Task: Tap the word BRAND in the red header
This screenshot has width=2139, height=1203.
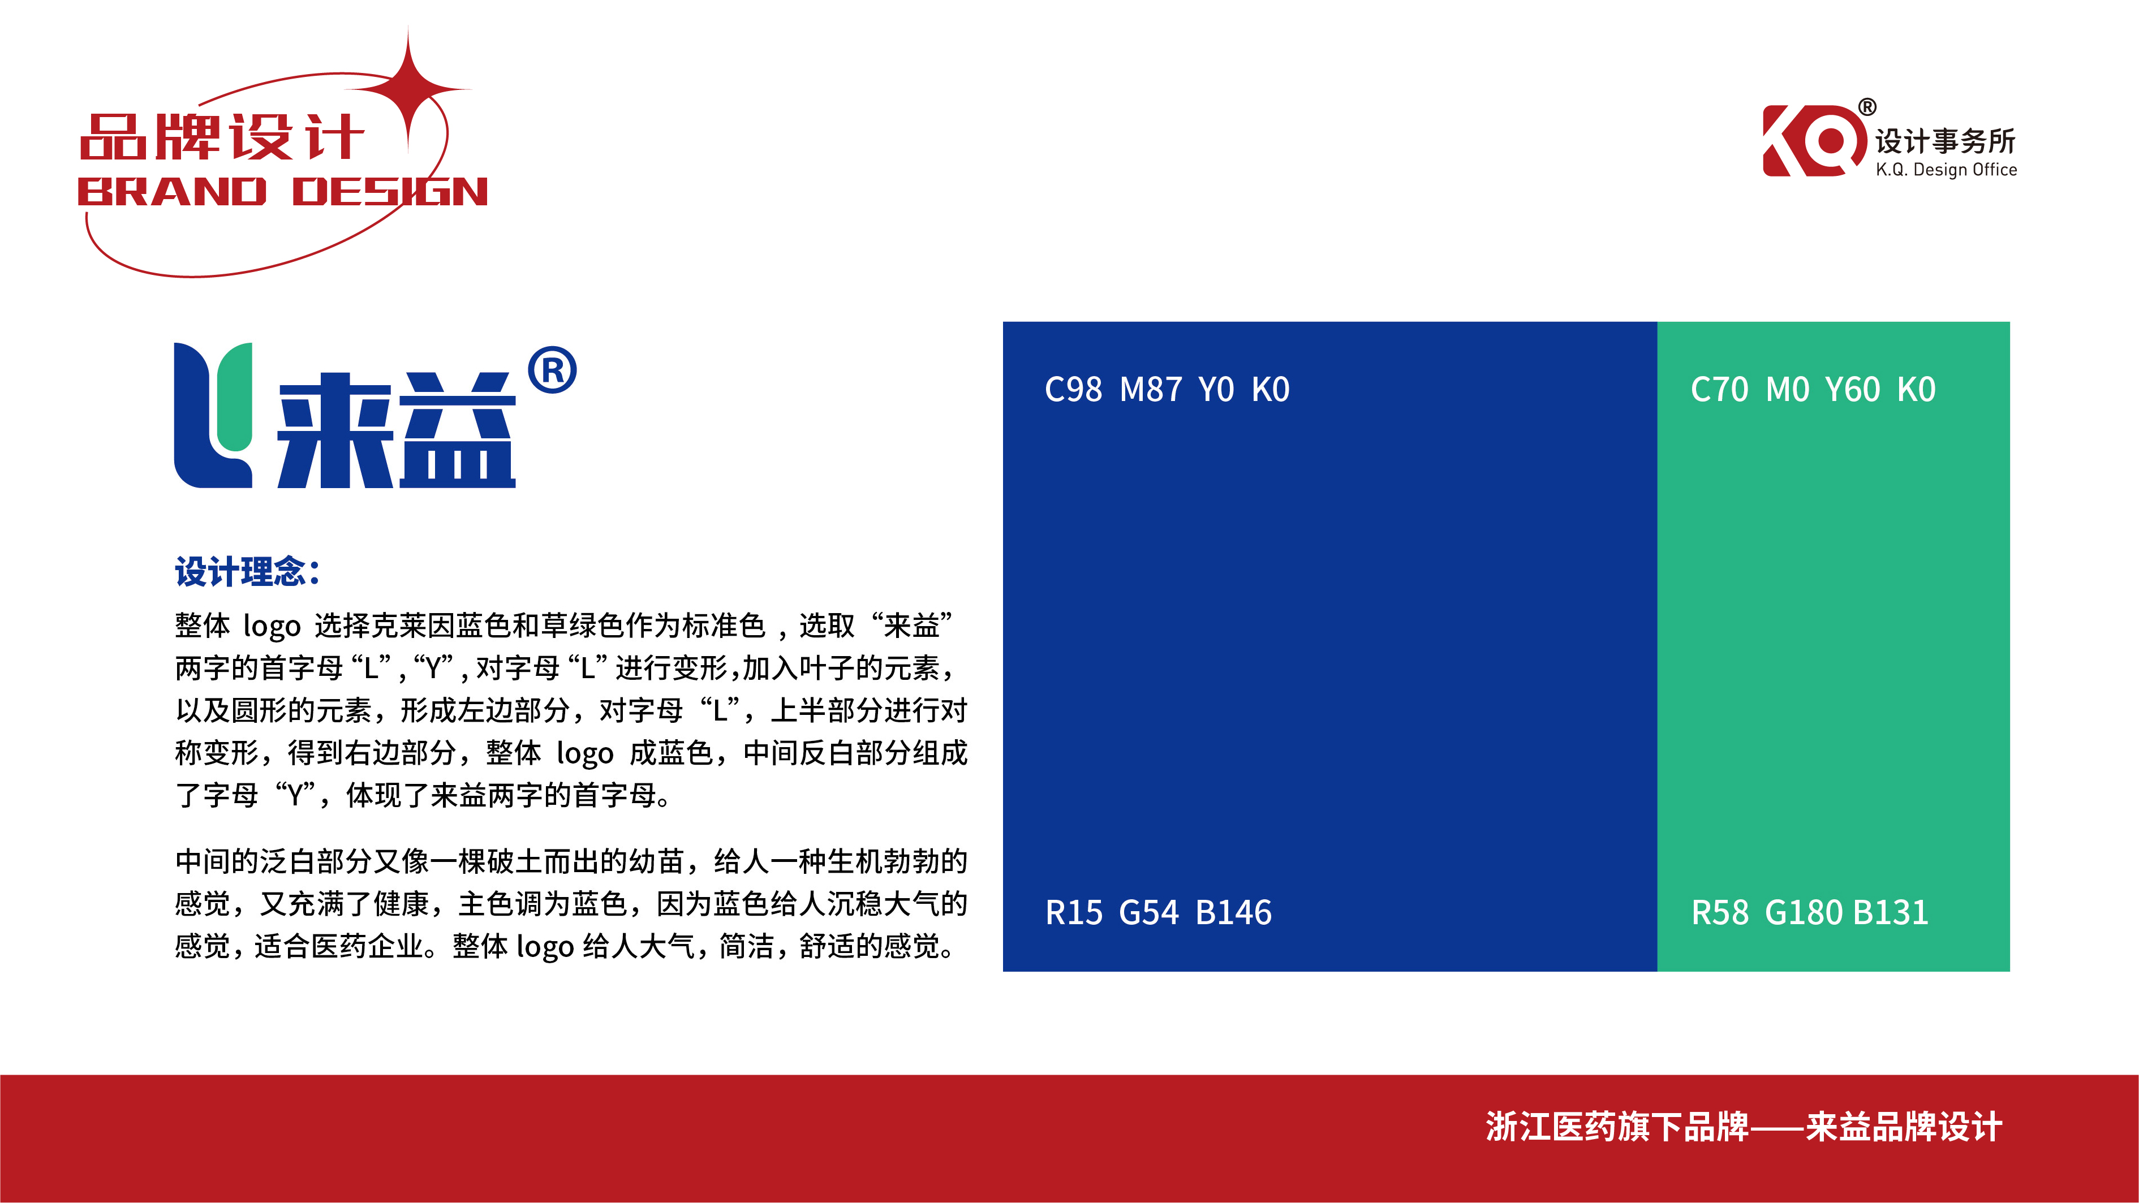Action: coord(172,192)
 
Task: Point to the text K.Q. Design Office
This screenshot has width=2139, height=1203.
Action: coord(1946,169)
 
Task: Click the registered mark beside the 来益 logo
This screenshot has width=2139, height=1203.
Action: coord(552,370)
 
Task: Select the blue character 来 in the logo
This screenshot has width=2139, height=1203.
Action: coord(334,429)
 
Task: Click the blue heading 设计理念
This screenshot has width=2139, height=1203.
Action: coord(247,572)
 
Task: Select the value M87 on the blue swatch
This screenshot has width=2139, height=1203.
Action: coord(1151,389)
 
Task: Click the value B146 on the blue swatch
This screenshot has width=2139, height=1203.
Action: coord(1234,912)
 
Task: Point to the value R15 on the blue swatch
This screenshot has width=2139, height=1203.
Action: coord(1074,912)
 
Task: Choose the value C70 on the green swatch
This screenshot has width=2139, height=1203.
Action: coord(1719,389)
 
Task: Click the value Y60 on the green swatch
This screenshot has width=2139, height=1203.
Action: coord(1852,389)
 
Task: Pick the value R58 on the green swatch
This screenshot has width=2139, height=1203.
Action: coord(1720,912)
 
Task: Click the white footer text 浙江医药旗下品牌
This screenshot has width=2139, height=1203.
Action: coord(1617,1127)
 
